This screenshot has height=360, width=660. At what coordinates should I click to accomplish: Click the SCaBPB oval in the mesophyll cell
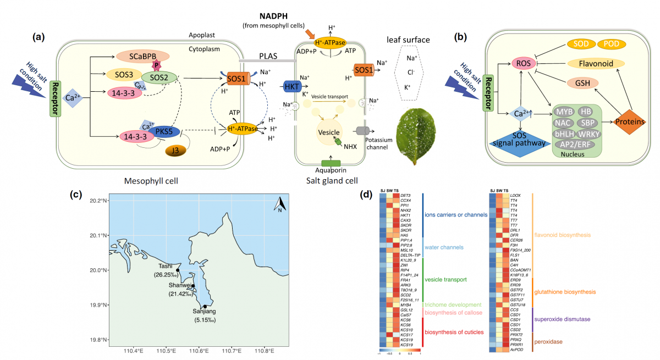point(143,57)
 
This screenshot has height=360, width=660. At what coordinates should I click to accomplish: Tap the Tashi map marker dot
point(178,270)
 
